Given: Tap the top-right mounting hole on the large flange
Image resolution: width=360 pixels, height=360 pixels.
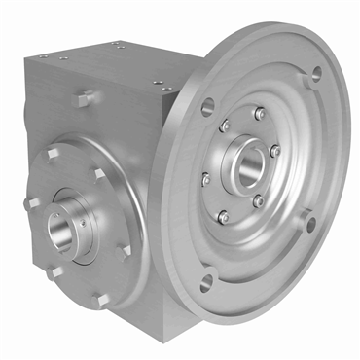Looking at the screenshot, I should click(314, 73).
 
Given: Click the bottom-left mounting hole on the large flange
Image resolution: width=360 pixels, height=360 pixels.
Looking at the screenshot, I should click(205, 284).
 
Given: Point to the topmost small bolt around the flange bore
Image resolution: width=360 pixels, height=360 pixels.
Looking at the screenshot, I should click(259, 114).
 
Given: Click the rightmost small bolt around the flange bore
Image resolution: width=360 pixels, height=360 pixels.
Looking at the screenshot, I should click(275, 151).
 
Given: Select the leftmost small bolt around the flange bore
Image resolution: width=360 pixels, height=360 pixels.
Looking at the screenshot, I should click(205, 178).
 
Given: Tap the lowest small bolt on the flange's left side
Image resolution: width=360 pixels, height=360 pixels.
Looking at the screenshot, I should click(223, 215).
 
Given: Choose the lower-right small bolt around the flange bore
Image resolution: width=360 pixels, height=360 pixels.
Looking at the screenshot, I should click(258, 200).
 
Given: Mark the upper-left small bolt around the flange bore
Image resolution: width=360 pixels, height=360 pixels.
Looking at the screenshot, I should click(225, 126).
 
